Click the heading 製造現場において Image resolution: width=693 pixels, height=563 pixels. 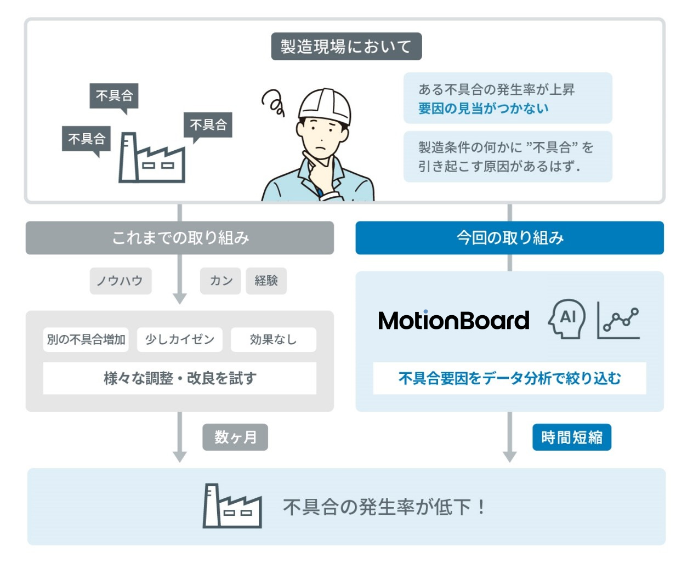coord(346,47)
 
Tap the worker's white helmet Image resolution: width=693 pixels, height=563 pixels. coord(325,105)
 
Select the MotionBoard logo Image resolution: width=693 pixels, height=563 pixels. coord(453,320)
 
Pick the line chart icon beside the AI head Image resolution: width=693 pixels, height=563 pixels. coord(618,320)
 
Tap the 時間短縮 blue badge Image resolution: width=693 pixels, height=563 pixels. coord(571,437)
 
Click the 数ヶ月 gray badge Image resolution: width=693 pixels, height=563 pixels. coord(235,437)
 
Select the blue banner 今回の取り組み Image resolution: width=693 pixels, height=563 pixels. coord(509,238)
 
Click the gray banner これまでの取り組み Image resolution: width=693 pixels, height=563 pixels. coord(180,238)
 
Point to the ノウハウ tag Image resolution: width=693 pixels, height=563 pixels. coord(120,281)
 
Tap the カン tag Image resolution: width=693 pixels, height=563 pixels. coord(220,281)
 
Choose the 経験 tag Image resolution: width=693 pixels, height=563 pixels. coord(266,281)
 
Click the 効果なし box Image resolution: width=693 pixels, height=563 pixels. coord(273,339)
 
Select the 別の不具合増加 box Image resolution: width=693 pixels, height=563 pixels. coord(86,339)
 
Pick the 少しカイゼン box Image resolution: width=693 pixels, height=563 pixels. coord(179,339)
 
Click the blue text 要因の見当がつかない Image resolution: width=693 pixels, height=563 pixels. coord(483,109)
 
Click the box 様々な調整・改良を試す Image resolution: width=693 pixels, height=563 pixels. coord(180,378)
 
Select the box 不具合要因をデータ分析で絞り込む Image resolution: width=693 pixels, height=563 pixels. coord(509,378)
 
